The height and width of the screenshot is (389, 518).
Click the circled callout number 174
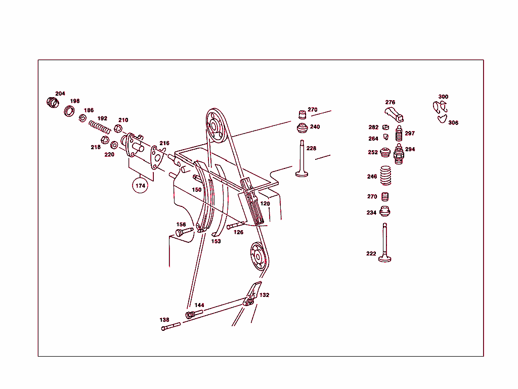click(x=140, y=186)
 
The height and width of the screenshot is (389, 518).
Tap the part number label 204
click(x=60, y=94)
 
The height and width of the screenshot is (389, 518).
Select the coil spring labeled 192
click(x=100, y=127)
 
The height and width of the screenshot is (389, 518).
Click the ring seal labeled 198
click(x=69, y=111)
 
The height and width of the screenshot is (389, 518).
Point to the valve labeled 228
click(x=301, y=159)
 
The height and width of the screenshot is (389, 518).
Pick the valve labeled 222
click(x=384, y=243)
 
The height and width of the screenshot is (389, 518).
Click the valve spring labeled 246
click(x=385, y=176)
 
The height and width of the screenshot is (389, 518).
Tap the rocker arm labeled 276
click(x=394, y=114)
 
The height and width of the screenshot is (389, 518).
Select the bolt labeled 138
click(x=171, y=326)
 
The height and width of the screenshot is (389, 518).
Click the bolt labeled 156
click(x=184, y=232)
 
